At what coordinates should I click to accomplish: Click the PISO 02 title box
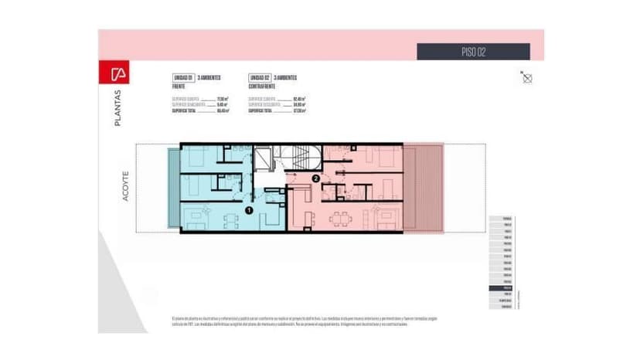(x=473, y=52)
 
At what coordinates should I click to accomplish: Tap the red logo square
(x=119, y=75)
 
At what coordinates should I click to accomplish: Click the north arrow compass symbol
(x=526, y=76)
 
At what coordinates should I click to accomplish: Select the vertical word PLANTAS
(x=117, y=107)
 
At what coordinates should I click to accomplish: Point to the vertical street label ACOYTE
(x=124, y=186)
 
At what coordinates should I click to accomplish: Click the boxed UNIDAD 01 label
(x=182, y=78)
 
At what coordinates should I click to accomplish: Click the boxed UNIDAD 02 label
(x=259, y=78)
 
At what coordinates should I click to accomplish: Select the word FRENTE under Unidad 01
(x=179, y=87)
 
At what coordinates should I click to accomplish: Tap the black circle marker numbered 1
(x=249, y=209)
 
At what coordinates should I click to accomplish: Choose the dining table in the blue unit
(x=230, y=221)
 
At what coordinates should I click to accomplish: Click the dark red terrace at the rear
(x=423, y=187)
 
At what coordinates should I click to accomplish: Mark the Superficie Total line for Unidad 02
(x=277, y=111)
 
